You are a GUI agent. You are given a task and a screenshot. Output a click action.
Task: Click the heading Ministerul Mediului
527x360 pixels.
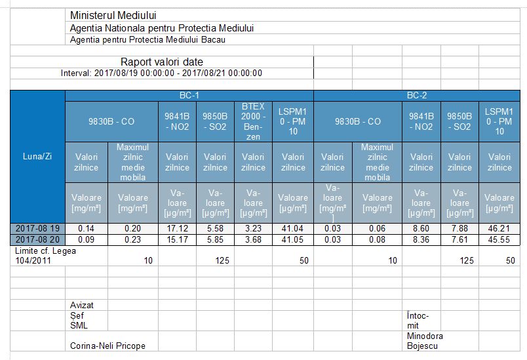[x=113, y=16]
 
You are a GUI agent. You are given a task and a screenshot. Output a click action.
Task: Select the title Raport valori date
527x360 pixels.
[x=161, y=62]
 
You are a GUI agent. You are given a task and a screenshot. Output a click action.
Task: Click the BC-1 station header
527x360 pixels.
[x=189, y=95]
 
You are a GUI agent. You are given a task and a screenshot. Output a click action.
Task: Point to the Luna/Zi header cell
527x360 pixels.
[x=37, y=157]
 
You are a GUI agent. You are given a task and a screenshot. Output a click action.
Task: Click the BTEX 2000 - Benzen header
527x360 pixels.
[x=254, y=121]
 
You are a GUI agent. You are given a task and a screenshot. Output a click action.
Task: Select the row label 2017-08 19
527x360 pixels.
[x=37, y=228]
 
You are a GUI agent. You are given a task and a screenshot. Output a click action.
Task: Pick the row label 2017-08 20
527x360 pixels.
[x=37, y=239]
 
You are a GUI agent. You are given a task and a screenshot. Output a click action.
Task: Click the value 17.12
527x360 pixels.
[x=177, y=228]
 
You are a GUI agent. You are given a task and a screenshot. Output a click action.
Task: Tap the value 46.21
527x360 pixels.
[x=499, y=228]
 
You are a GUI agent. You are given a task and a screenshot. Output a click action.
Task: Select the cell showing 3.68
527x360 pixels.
[x=254, y=239]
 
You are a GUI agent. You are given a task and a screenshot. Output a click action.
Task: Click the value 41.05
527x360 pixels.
[x=292, y=239]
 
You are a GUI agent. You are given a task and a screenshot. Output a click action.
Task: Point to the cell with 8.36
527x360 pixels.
[x=421, y=239]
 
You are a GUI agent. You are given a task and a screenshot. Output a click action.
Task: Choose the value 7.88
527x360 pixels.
[x=459, y=228]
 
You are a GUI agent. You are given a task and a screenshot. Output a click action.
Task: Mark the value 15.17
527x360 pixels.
[x=177, y=239]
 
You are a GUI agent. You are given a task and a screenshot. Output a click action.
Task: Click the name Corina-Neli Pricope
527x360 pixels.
[x=107, y=346]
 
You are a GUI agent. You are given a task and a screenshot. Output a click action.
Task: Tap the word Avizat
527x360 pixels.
[x=82, y=306]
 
